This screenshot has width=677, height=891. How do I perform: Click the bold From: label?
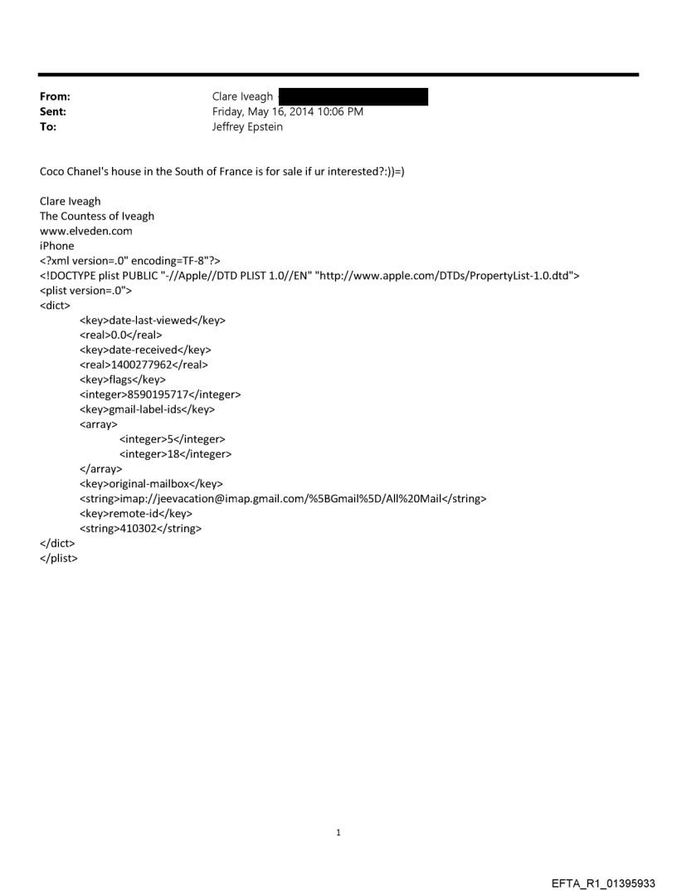(x=55, y=97)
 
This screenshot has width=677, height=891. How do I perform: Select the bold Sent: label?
(x=53, y=112)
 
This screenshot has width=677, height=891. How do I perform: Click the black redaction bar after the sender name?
(x=353, y=97)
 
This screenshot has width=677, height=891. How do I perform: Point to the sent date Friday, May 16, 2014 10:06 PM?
(x=288, y=112)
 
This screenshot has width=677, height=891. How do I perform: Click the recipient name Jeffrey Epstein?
(x=249, y=127)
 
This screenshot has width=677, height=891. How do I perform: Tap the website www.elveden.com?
(x=86, y=231)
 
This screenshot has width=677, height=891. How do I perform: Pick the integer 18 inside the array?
(x=175, y=454)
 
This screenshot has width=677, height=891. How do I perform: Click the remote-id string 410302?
(x=140, y=528)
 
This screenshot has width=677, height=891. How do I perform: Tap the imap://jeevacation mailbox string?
(x=282, y=498)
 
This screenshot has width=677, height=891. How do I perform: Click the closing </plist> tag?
(x=59, y=558)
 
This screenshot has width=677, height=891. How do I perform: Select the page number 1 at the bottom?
(x=338, y=833)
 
